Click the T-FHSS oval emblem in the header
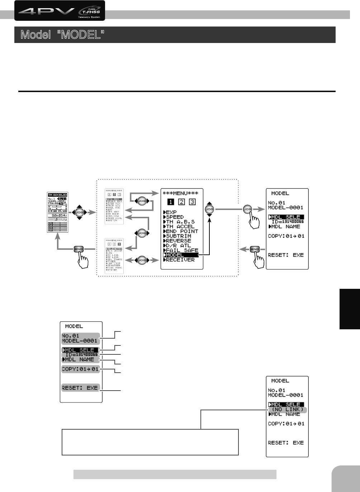point(89,11)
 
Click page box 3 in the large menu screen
point(192,202)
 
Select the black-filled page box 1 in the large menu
point(171,202)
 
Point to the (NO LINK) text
point(287,410)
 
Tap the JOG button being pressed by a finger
point(248,209)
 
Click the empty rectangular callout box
point(150,442)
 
